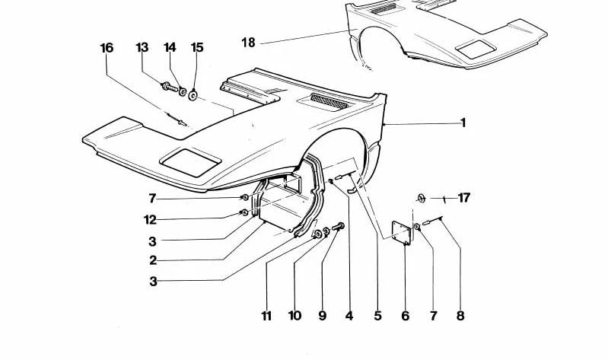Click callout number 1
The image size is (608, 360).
click(463, 123)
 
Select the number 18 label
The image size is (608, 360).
click(249, 43)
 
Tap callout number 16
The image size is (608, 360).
click(107, 48)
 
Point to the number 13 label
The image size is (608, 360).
click(142, 48)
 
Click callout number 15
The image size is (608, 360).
click(197, 48)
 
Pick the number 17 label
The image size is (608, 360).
click(463, 198)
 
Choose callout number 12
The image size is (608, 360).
click(150, 220)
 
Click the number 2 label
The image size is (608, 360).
click(153, 260)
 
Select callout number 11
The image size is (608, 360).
click(266, 316)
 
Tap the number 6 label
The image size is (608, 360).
click(405, 316)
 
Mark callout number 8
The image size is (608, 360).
click(460, 316)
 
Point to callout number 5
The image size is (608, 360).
click(377, 316)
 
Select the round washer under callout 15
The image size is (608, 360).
click(193, 94)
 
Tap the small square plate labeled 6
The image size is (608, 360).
click(401, 233)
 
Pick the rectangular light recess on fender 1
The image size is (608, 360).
click(191, 162)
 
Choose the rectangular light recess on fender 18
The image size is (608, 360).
click(476, 49)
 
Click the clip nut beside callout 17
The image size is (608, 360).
click(421, 198)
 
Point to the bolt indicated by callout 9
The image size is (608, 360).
click(338, 226)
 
